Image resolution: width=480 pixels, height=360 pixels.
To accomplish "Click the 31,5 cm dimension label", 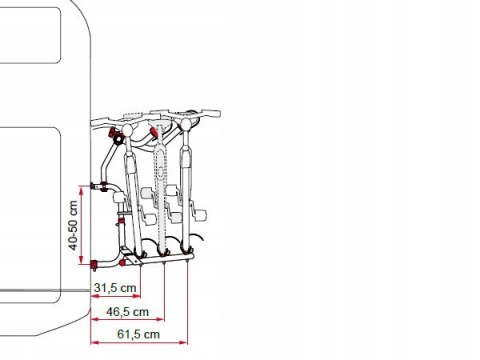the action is click(115, 288).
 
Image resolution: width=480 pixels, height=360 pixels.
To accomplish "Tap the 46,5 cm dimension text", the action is click(127, 312).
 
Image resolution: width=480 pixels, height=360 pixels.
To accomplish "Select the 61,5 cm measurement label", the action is click(138, 334).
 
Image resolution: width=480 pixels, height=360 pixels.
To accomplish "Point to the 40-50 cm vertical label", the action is click(73, 225).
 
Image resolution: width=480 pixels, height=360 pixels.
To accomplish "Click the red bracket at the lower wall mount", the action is click(94, 265).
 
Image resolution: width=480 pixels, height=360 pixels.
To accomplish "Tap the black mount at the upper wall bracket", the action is click(93, 186).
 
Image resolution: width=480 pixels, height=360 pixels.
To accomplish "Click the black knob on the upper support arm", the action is click(118, 139).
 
